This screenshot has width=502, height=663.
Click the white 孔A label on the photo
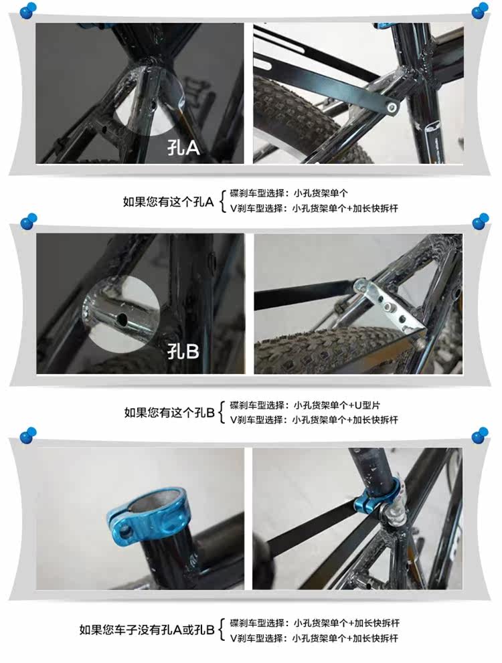point(183,147)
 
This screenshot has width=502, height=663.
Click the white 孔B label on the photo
point(183,350)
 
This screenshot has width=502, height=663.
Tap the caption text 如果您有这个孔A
point(167,201)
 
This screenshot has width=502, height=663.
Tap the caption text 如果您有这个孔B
point(169,412)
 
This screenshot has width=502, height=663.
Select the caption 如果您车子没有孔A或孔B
point(147,630)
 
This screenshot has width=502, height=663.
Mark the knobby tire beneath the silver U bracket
point(328,351)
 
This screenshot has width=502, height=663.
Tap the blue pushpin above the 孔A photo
point(27,9)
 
